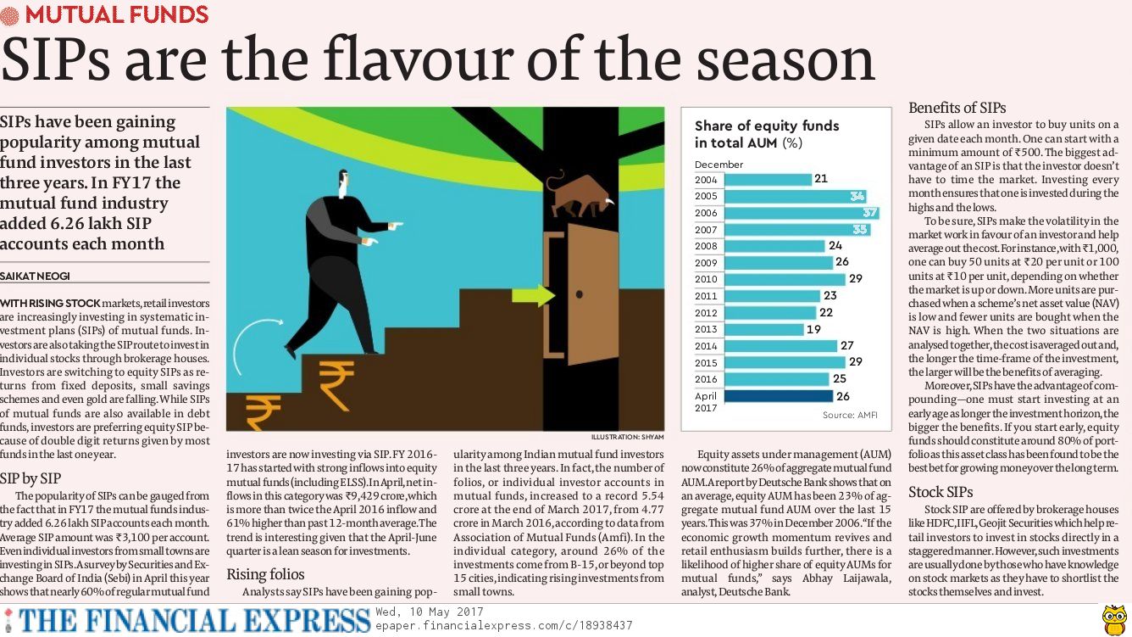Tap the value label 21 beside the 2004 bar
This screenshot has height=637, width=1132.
(x=820, y=179)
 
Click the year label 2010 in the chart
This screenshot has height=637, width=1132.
(x=706, y=279)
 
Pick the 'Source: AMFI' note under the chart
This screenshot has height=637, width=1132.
(x=850, y=415)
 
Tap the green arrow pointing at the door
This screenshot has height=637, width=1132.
(x=533, y=295)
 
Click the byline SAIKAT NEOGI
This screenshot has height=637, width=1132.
(x=36, y=277)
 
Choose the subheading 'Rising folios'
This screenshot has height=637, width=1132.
(x=265, y=575)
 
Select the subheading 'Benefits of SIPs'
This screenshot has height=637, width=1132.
(x=957, y=108)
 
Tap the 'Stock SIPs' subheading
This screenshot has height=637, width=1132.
(x=941, y=492)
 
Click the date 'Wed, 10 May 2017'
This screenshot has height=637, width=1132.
(x=429, y=612)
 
